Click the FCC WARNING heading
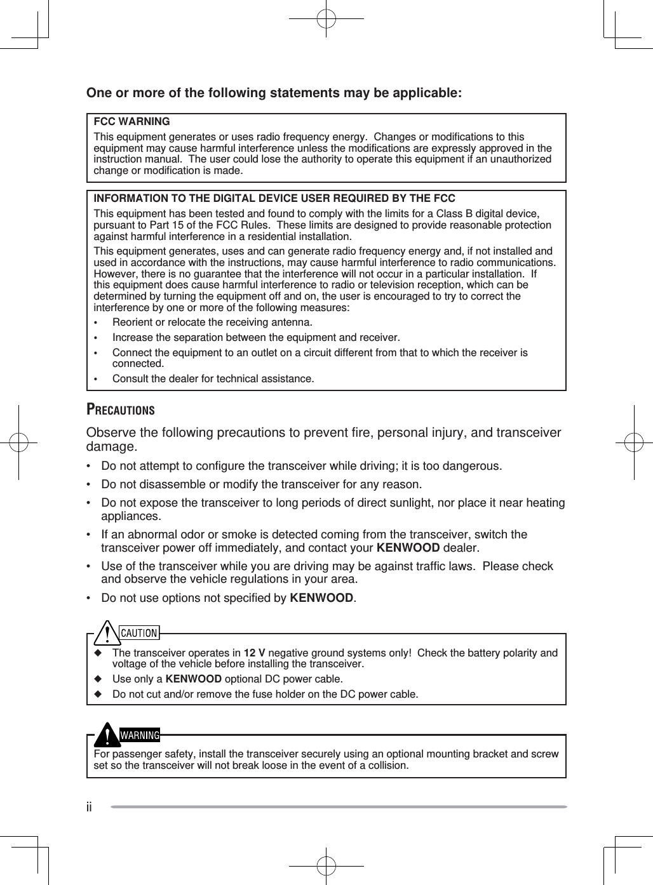point(131,121)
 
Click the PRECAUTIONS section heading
point(121,410)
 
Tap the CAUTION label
point(139,633)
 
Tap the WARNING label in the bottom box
point(140,735)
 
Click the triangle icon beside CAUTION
point(108,632)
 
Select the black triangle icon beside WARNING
point(108,735)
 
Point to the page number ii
point(90,807)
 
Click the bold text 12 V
point(255,653)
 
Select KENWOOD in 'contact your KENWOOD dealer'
point(408,548)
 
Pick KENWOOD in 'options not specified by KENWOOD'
point(321,598)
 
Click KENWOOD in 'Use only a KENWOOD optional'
point(193,679)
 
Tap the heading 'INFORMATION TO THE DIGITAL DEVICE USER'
point(274,199)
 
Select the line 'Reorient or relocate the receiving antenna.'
point(212,323)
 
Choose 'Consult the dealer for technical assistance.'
point(213,379)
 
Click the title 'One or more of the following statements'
point(274,93)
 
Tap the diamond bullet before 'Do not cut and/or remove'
point(98,694)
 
